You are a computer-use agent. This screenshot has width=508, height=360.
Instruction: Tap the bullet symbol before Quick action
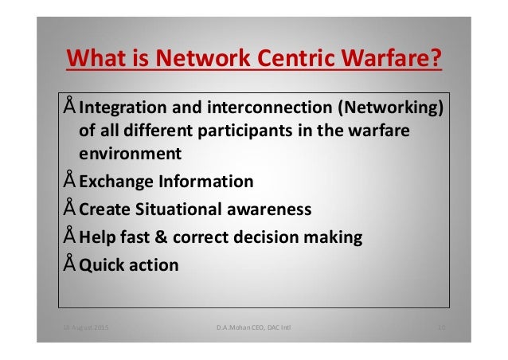pos(70,264)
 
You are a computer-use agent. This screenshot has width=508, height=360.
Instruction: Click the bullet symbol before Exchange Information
pos(70,180)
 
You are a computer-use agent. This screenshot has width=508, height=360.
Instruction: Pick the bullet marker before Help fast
pos(70,236)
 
